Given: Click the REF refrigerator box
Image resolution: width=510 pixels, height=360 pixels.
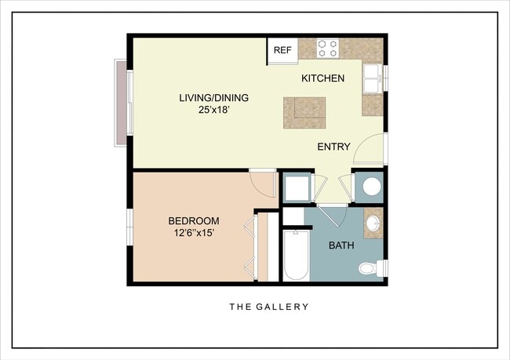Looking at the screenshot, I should point(282,50).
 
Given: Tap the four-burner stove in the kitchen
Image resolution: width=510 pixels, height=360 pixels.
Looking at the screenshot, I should point(328,49).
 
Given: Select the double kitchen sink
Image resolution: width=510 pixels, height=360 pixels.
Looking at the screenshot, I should point(373,78).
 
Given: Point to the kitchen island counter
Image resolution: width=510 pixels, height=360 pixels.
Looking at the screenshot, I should point(304,113).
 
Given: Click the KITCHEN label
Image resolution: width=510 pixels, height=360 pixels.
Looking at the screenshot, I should point(323,78).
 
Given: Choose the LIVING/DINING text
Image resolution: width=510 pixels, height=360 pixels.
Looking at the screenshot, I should point(213,98).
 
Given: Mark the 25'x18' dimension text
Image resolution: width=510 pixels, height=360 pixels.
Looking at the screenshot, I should point(213,111).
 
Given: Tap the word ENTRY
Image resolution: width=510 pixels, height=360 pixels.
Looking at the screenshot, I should point(333,147).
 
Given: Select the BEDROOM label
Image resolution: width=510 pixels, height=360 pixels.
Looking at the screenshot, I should point(194,221).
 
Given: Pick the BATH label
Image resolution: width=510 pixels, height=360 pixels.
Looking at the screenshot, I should point(341,245).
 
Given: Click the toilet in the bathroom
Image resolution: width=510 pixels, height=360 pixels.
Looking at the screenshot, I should point(368,269).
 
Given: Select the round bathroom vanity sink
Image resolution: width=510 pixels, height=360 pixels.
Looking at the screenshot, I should point(373,223).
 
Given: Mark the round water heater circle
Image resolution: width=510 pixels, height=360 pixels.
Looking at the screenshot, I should point(370,187).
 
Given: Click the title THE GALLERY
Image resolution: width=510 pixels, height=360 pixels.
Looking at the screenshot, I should point(268,307).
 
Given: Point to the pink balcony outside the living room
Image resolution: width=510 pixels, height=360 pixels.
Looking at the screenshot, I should point(121,102).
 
